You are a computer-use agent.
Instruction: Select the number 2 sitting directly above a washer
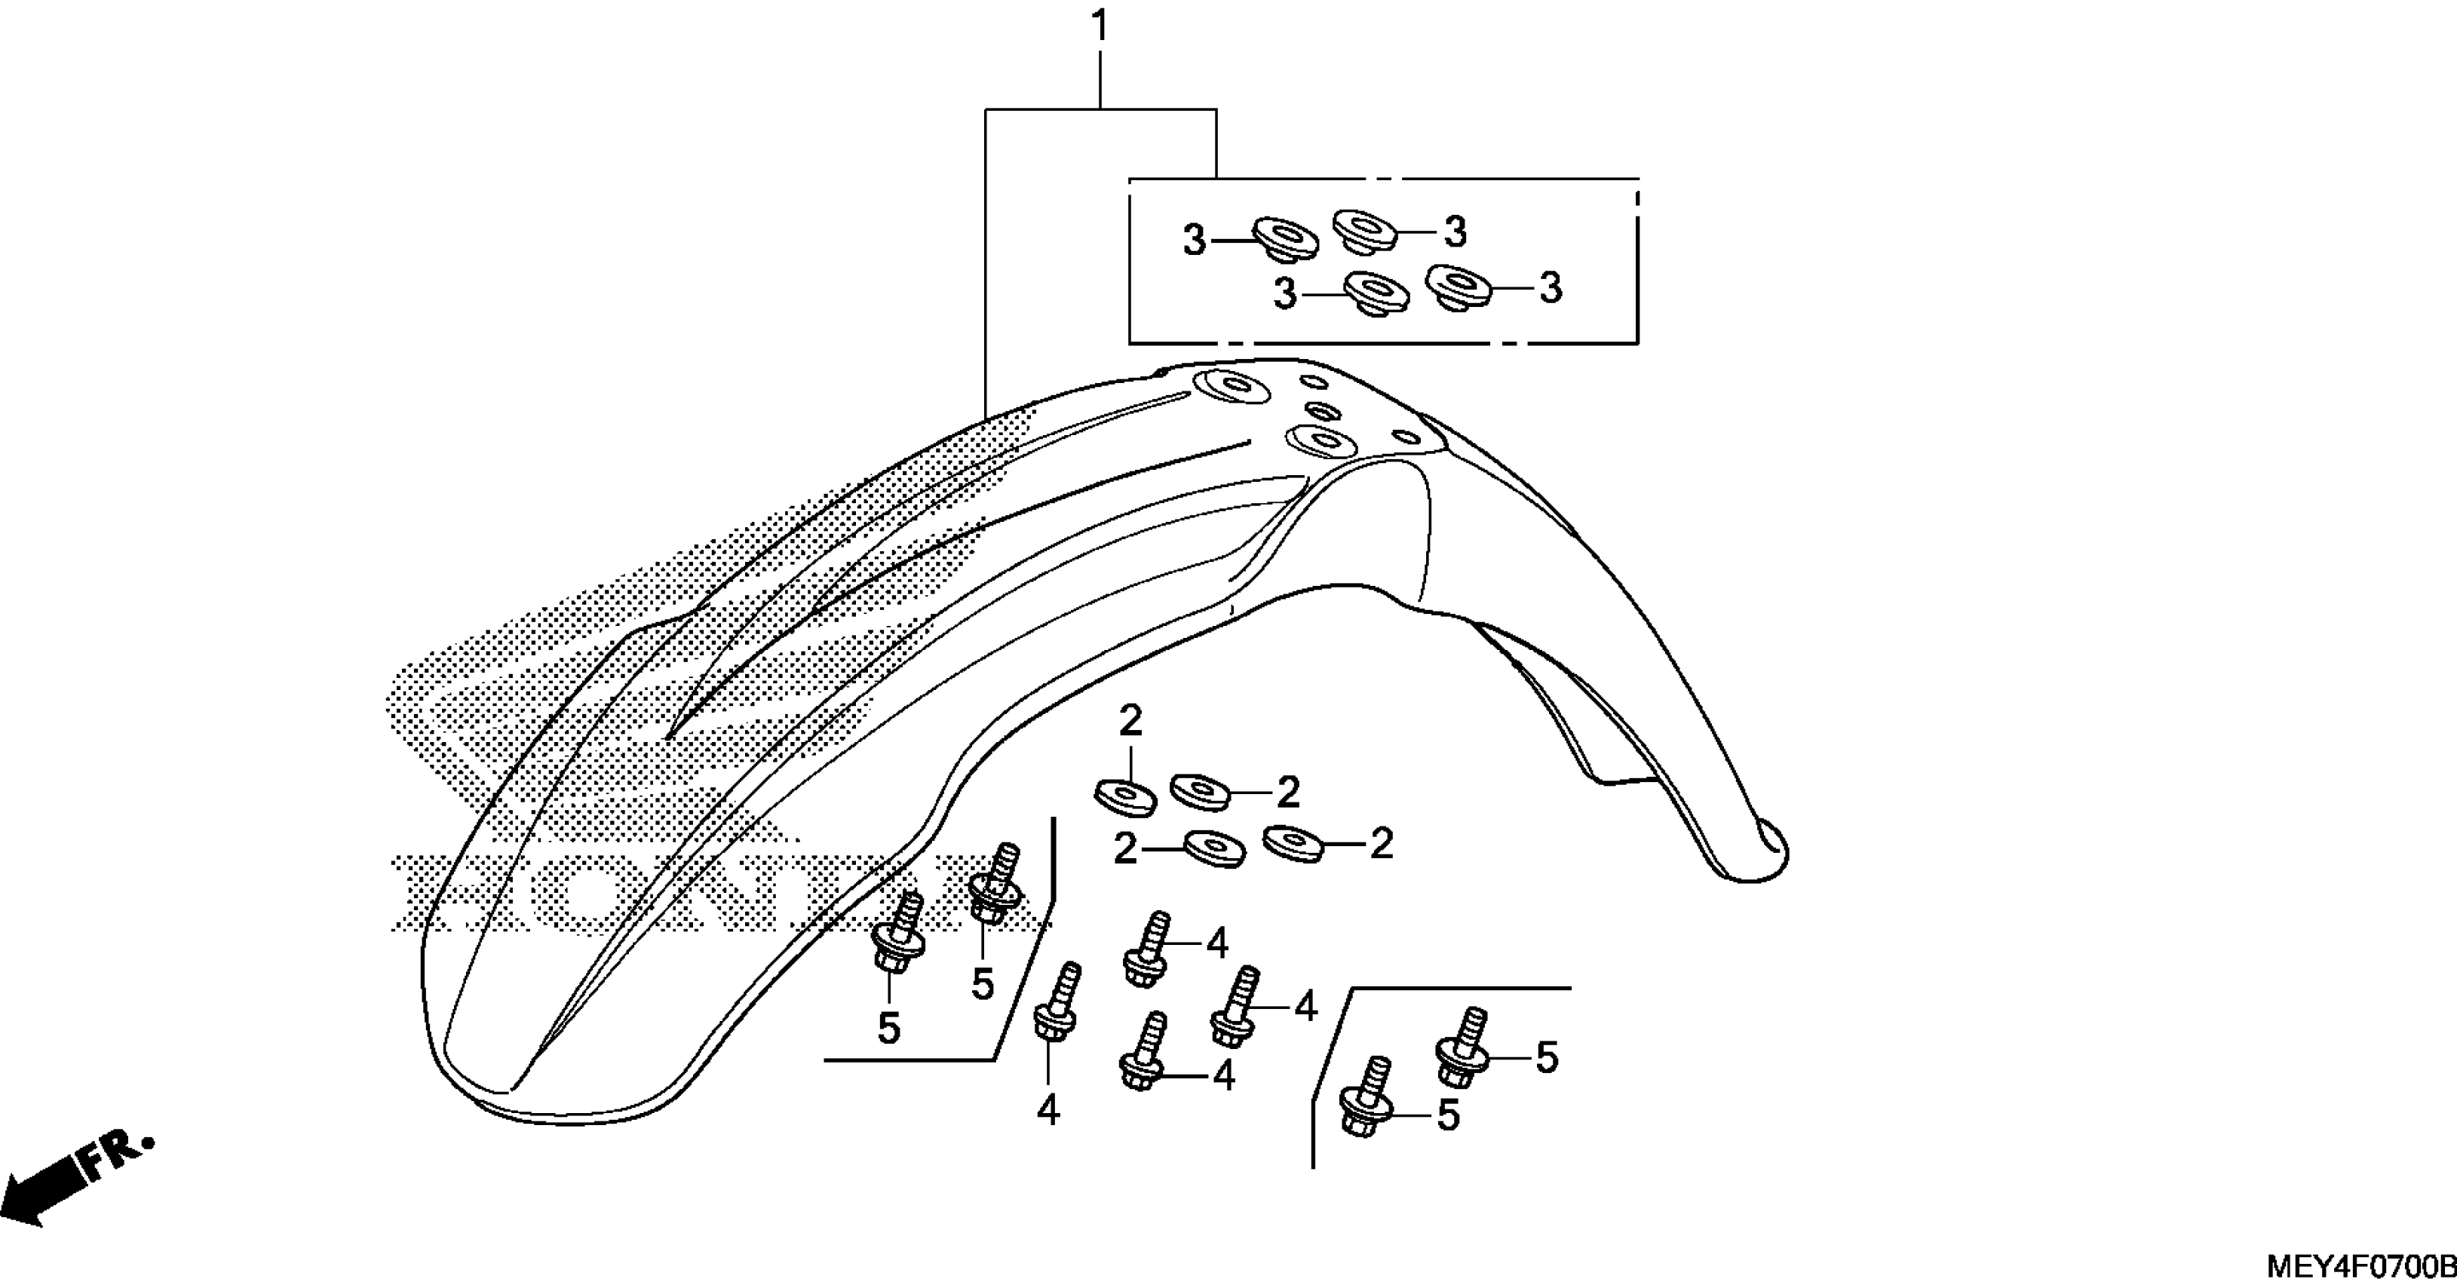pos(1130,721)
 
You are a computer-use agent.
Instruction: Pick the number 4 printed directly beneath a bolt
pos(1048,1109)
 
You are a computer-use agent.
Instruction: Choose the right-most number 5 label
pos(1546,1057)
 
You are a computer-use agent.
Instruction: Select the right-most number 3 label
pos(1551,287)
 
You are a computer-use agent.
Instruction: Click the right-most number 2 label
pos(1381,843)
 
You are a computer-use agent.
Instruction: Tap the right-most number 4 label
pos(1305,1006)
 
